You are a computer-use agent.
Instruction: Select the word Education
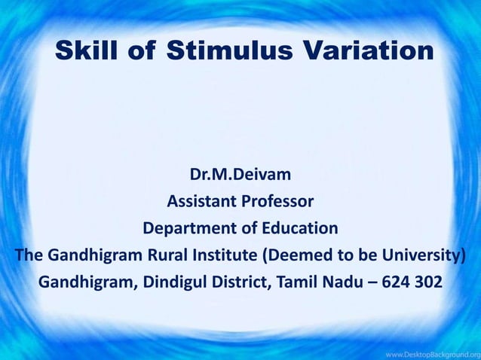(299, 228)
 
